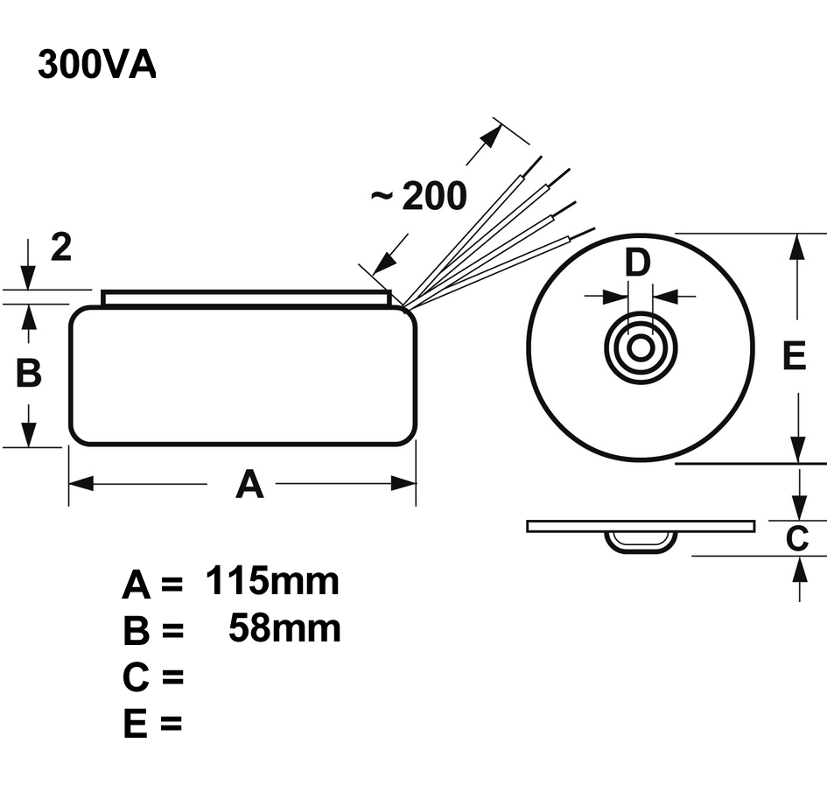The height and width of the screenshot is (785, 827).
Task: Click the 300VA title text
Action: click(96, 65)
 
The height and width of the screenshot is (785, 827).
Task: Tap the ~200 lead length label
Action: click(418, 197)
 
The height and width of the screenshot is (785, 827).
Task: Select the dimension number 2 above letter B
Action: click(60, 249)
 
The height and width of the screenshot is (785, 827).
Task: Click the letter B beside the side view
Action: click(29, 374)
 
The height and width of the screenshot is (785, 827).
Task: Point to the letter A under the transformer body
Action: click(249, 484)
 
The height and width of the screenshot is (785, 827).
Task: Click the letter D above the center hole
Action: click(639, 263)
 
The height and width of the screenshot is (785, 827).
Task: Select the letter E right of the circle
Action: click(793, 356)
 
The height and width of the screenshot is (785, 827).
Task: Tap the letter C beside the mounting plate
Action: click(796, 539)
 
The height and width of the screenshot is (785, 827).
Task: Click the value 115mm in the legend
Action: click(272, 581)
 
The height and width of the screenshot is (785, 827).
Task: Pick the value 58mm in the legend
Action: click(284, 628)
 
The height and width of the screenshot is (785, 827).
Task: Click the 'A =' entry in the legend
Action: click(152, 585)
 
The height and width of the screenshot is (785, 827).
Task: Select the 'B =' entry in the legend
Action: click(152, 631)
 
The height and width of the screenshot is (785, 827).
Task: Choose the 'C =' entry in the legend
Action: click(152, 677)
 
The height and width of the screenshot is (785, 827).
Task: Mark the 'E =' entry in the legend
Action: click(152, 724)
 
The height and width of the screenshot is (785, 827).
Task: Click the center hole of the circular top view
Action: click(641, 347)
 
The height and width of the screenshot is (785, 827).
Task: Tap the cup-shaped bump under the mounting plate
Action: click(641, 540)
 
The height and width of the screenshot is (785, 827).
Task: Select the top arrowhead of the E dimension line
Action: click(797, 246)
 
